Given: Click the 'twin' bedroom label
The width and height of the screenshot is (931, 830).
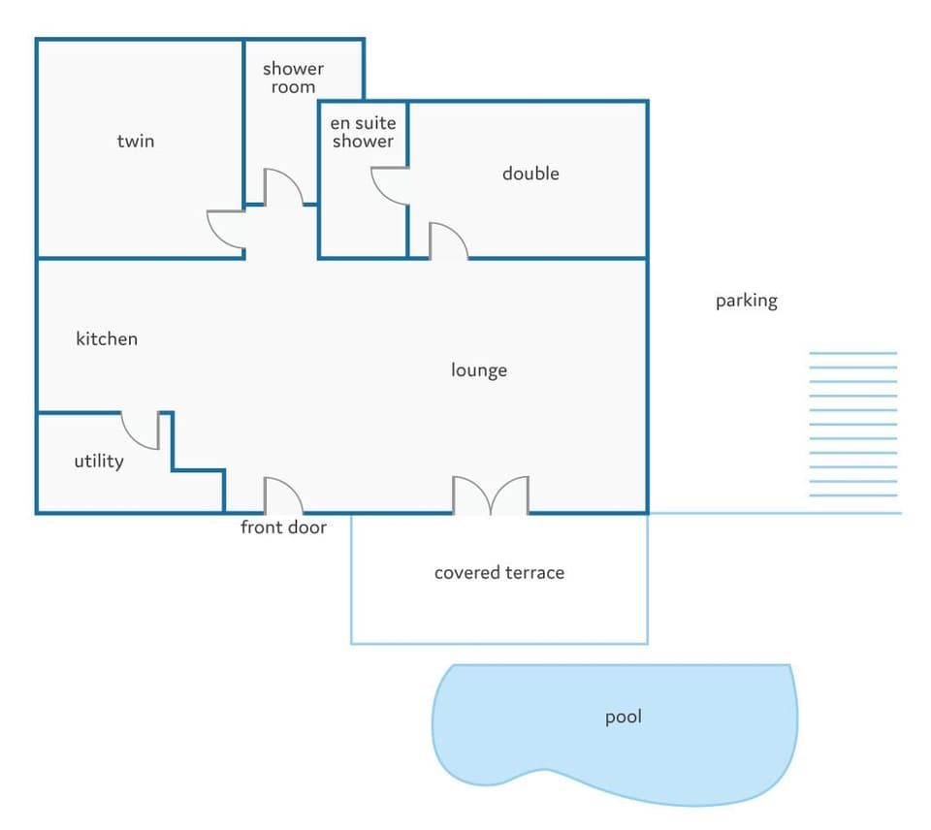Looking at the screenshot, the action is [x=136, y=142].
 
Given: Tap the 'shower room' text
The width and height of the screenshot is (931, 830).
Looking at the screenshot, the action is [x=293, y=78].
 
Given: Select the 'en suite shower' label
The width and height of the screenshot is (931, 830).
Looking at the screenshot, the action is [x=363, y=132].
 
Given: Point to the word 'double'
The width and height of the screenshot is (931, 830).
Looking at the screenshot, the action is [x=530, y=174].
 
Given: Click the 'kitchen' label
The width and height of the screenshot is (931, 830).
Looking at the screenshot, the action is [x=107, y=338].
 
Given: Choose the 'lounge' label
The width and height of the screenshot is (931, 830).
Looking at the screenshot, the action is [x=478, y=370].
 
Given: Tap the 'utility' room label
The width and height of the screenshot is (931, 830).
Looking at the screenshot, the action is [x=99, y=462].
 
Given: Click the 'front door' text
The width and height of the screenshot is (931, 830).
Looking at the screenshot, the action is [x=283, y=527].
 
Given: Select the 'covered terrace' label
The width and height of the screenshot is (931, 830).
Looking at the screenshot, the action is [x=499, y=573].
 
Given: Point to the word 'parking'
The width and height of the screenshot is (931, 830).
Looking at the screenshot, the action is [x=747, y=301].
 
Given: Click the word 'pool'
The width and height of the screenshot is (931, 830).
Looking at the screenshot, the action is [x=623, y=718].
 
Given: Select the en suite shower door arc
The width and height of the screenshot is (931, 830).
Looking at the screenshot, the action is [x=382, y=194].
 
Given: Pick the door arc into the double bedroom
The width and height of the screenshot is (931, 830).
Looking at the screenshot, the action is [x=457, y=233].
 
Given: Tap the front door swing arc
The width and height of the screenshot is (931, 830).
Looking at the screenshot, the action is [x=292, y=488].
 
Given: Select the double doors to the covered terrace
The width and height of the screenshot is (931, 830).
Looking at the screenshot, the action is [x=491, y=495].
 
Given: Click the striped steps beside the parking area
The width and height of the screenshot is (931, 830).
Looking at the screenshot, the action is [x=853, y=425].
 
